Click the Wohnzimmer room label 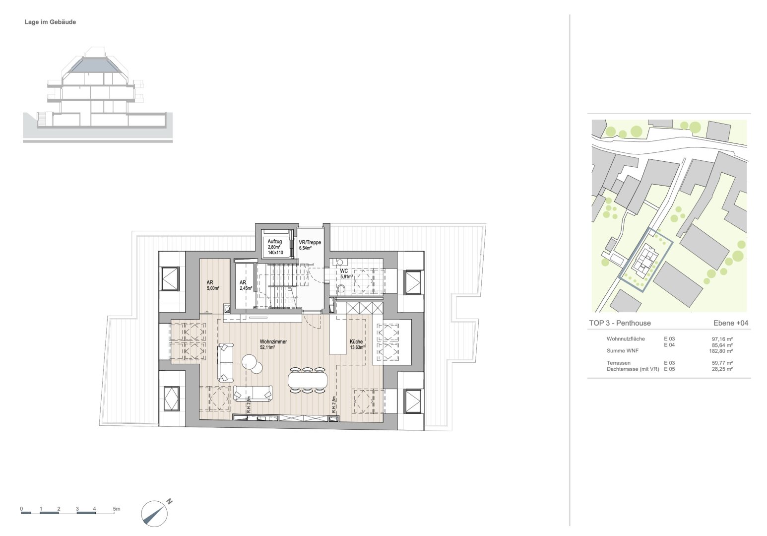point(273,341)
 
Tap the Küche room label point(356,341)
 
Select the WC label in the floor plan point(344,271)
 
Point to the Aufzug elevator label point(275,242)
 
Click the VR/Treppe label point(310,243)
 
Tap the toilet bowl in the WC point(341,290)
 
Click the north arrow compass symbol point(154,513)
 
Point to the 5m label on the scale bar point(117,509)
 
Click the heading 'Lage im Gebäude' point(50,22)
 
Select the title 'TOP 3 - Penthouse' point(620,323)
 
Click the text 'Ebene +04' point(731,323)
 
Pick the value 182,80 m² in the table point(721,351)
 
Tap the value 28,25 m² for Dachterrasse point(722,369)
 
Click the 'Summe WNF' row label point(623,351)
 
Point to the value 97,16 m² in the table point(722,339)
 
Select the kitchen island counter point(338,335)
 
